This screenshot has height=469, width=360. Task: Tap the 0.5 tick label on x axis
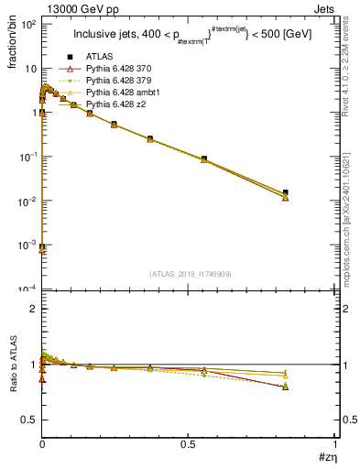coord(188,444)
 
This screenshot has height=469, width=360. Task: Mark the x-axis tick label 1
coord(333,444)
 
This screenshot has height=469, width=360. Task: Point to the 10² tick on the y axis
coord(27,25)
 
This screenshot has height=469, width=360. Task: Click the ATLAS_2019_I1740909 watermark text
coord(189,274)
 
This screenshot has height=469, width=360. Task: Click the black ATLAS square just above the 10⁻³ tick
coord(42,246)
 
